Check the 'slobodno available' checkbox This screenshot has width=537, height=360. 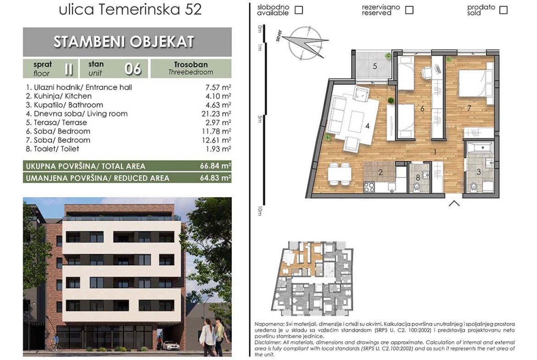299,10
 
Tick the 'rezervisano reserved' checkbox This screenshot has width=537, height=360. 409,10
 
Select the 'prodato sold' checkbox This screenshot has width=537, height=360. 503,10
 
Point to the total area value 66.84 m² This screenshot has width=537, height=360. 215,166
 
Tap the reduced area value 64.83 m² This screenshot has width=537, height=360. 215,178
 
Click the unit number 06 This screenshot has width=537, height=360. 133,69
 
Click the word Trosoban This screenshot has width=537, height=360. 191,65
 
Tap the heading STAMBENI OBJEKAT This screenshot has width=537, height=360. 123,42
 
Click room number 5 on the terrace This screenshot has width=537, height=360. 375,66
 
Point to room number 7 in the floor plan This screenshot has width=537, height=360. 469,108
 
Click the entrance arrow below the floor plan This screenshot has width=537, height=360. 454,203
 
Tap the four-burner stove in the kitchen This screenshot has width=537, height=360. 369,187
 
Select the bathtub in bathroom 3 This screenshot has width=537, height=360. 480,148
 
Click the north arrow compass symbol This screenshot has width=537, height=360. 304,43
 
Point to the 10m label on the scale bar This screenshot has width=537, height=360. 260,211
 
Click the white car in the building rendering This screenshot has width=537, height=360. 171,345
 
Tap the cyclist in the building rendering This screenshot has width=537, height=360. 56,343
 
